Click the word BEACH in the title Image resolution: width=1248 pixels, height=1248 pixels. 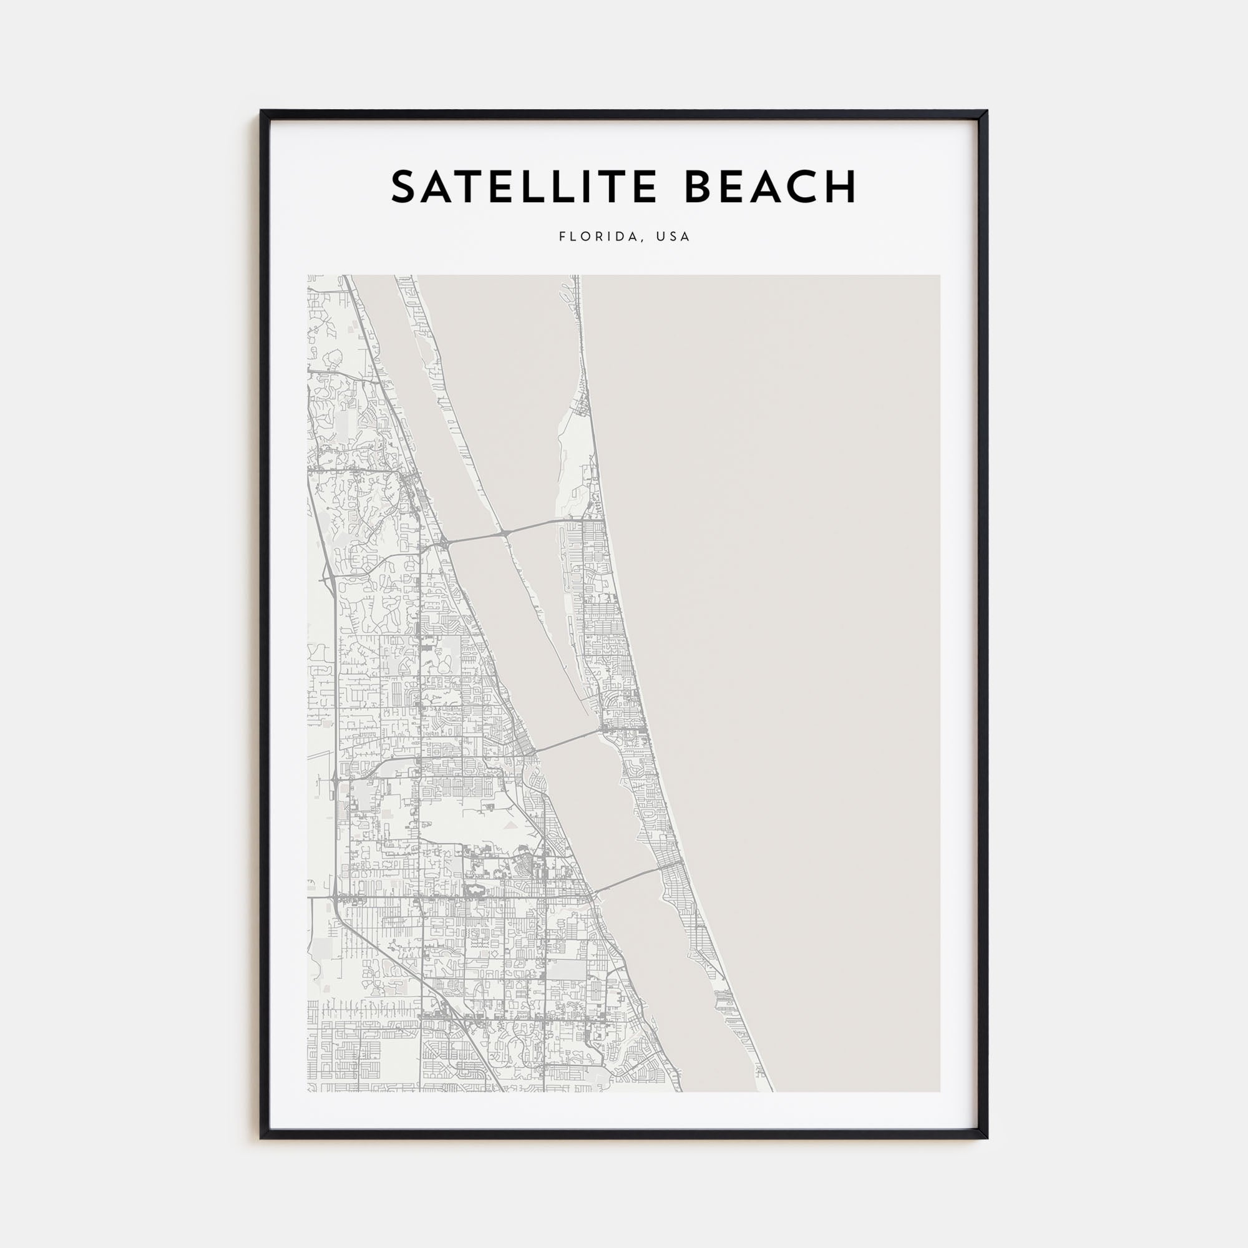point(770,187)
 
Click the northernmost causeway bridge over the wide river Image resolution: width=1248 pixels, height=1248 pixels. point(475,535)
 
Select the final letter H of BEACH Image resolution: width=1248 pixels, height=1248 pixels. point(842,187)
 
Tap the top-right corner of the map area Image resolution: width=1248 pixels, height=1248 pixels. point(939,276)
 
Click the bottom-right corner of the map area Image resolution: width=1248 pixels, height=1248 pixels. point(939,1091)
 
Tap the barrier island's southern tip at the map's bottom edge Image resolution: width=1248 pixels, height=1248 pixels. point(766,1089)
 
